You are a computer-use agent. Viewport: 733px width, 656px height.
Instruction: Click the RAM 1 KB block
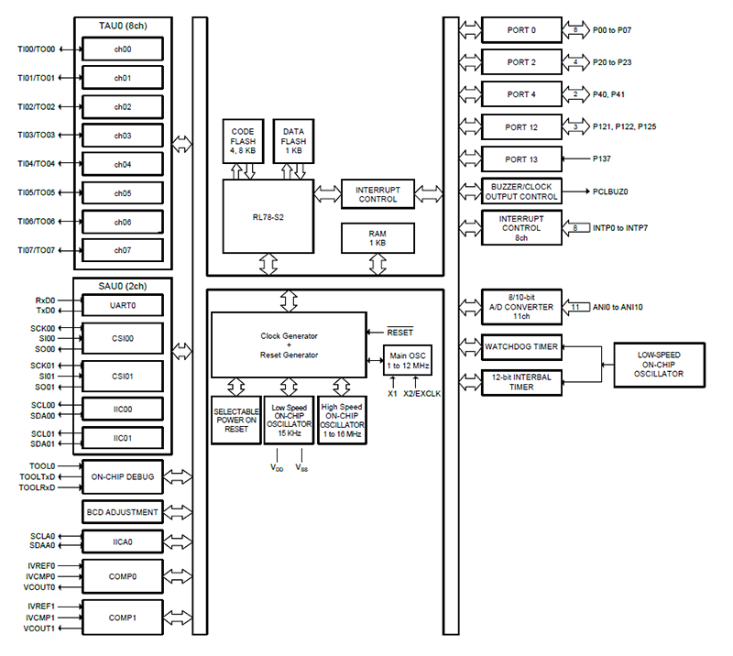point(377,237)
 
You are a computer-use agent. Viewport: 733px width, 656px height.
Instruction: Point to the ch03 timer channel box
point(123,136)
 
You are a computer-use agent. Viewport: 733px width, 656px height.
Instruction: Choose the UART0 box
point(123,305)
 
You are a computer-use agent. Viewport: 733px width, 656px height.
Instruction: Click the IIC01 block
point(123,438)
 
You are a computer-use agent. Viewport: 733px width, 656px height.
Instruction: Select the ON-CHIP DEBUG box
point(123,476)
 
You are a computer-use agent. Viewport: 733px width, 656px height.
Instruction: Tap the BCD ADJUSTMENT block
point(123,512)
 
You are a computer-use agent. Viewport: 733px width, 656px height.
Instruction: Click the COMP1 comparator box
point(123,618)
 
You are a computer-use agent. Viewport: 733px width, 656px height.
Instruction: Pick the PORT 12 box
point(521,126)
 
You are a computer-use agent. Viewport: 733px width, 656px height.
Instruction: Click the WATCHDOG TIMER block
point(521,347)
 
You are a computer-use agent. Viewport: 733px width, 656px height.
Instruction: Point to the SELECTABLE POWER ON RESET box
point(235,420)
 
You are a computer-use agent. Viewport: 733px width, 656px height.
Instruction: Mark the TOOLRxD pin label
point(37,487)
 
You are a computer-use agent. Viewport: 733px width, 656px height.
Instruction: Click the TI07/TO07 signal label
point(37,250)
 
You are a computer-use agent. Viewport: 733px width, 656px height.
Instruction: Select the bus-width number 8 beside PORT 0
point(575,30)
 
